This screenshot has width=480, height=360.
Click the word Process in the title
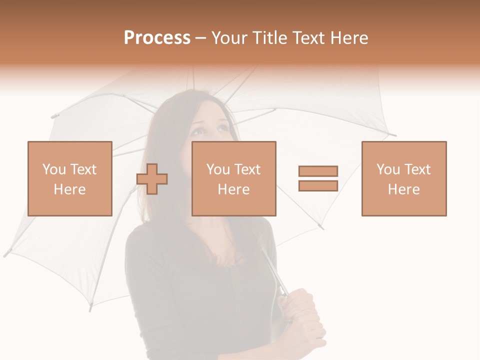click(x=157, y=38)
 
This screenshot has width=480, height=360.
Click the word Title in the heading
click(x=270, y=38)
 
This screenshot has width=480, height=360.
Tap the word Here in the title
click(x=349, y=38)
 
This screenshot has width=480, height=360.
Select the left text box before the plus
click(x=69, y=178)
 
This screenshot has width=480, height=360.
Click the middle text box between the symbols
click(x=233, y=178)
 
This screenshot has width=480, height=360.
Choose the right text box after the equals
click(x=403, y=178)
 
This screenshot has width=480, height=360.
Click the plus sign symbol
click(x=152, y=179)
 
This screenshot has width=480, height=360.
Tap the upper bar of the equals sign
click(x=318, y=171)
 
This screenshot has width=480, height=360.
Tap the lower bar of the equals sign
click(x=318, y=185)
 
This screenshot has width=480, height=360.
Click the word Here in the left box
click(x=69, y=189)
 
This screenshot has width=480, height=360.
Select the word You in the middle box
click(x=218, y=169)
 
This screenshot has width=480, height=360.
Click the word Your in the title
click(x=229, y=38)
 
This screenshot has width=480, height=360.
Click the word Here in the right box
click(x=403, y=189)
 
